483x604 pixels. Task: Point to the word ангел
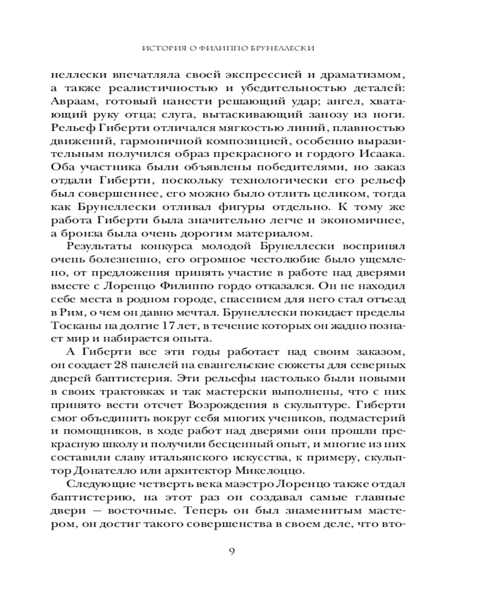(341, 101)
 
